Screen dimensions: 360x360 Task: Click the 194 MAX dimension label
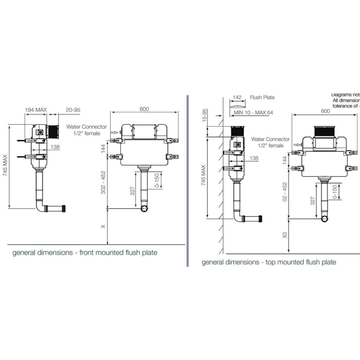pos(36,110)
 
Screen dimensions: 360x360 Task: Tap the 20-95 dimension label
pos(73,110)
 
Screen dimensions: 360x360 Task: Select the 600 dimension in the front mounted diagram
pos(144,109)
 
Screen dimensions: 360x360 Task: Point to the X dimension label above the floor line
pos(103,226)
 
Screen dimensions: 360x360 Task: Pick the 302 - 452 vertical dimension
pos(103,182)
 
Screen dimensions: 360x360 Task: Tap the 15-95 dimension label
pos(204,114)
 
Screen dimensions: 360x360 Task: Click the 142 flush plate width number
pos(237,97)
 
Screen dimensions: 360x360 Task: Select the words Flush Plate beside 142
pos(262,97)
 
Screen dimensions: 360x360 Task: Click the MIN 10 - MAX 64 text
pos(253,113)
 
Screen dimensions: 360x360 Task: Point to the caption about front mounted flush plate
pos(85,253)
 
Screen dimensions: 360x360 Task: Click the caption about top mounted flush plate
pos(269,262)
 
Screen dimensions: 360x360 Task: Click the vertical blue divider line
pos(188,180)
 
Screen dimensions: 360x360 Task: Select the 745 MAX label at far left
pos(5,166)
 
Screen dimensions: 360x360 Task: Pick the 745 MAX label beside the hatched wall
pos(204,175)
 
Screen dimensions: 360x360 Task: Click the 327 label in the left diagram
pos(133,191)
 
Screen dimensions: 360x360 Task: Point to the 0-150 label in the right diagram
pos(335,192)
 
